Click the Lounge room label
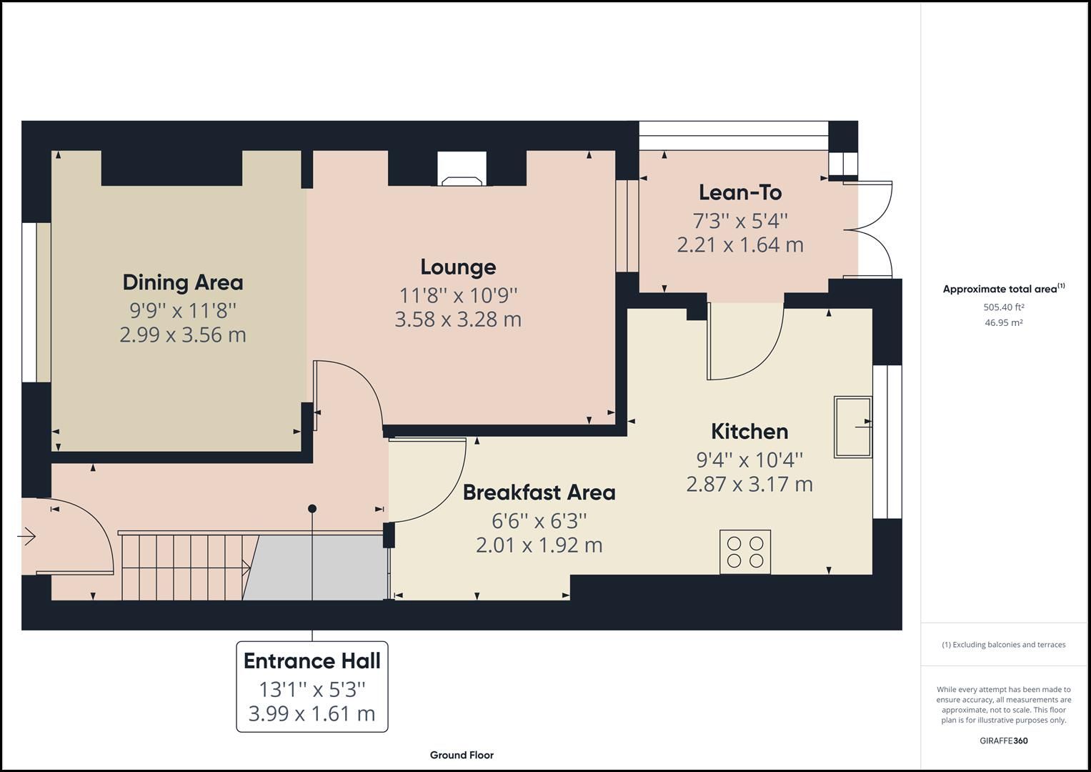point(458,267)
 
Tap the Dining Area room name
point(183,282)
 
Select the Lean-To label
point(740,192)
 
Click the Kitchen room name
point(749,431)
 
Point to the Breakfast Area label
point(539,493)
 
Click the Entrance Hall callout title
point(312,661)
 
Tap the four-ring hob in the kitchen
point(745,552)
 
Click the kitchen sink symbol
point(853,427)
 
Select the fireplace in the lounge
point(462,169)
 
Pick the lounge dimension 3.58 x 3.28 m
point(458,320)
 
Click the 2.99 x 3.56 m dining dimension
point(183,335)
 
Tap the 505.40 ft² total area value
point(1003,307)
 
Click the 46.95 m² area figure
point(1003,322)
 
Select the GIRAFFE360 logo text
point(1004,741)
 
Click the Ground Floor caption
point(462,755)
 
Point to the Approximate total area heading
point(1004,289)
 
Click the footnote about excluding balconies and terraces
point(1004,645)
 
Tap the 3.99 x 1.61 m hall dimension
point(312,714)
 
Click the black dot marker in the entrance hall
point(312,509)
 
